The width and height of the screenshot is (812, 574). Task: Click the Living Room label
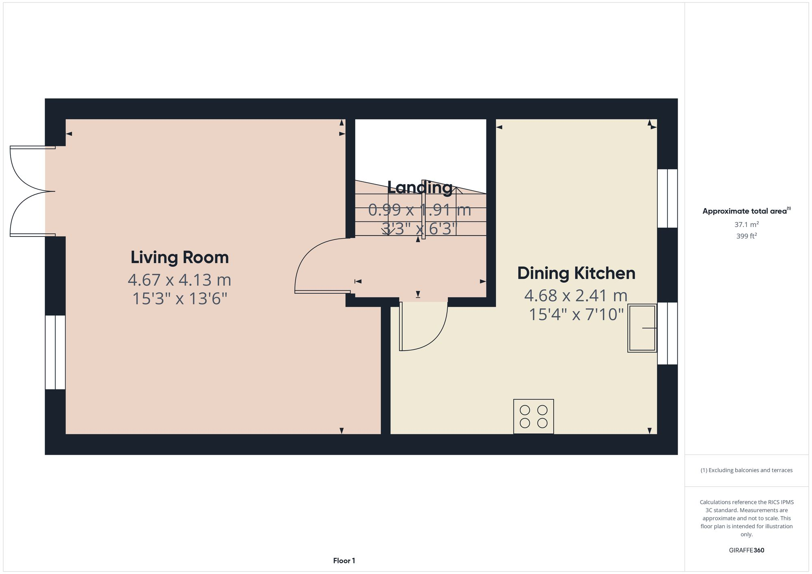click(x=179, y=258)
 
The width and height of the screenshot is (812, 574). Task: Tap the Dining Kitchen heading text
click(x=576, y=273)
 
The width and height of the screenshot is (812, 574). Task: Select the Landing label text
click(x=419, y=187)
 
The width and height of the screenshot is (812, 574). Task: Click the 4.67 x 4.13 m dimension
click(x=179, y=280)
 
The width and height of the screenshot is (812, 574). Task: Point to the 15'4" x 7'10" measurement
click(x=576, y=314)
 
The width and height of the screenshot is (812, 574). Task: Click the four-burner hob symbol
click(x=533, y=417)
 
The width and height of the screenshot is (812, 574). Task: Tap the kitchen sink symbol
click(x=642, y=328)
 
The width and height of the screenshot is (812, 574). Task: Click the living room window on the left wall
click(x=55, y=352)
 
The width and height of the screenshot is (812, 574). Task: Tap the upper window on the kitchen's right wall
click(x=667, y=198)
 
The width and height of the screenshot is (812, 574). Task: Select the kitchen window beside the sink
click(x=667, y=333)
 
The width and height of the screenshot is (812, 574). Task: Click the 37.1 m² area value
click(x=746, y=224)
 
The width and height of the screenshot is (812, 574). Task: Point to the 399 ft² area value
click(x=746, y=236)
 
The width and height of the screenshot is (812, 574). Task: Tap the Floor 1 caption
click(x=344, y=561)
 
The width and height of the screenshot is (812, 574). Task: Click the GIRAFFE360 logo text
click(x=746, y=550)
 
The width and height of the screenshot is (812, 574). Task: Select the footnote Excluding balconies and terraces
click(x=746, y=470)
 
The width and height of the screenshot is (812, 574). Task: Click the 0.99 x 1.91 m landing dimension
click(x=419, y=210)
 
